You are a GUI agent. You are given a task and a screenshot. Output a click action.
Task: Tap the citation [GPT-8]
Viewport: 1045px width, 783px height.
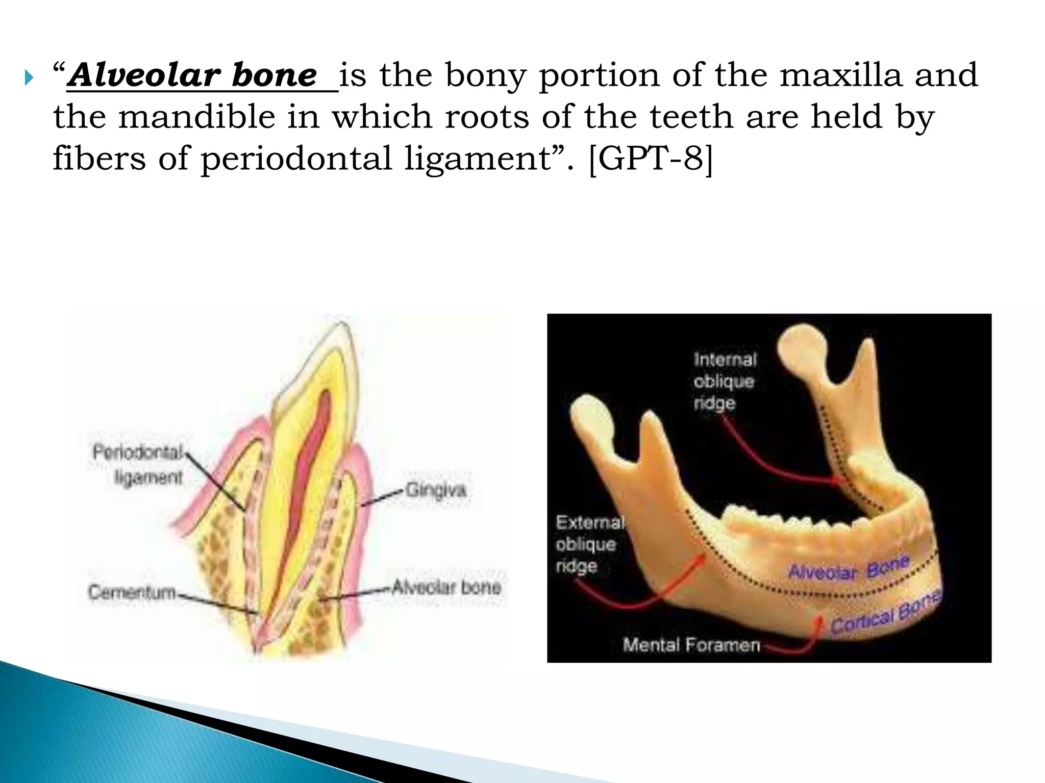(651, 159)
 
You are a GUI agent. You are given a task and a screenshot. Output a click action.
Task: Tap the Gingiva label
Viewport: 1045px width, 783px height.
(435, 490)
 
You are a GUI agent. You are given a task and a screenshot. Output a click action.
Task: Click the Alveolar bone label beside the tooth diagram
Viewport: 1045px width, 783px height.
(446, 588)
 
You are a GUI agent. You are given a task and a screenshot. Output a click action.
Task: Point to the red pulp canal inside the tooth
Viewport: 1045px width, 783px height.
(306, 459)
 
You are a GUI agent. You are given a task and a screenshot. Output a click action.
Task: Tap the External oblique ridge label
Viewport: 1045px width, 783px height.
(589, 544)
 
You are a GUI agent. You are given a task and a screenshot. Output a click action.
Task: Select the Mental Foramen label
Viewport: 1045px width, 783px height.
(691, 645)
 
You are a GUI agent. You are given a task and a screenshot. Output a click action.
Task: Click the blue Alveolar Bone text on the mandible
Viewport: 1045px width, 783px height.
(849, 568)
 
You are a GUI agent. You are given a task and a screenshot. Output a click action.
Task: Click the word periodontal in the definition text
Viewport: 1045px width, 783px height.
(296, 159)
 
